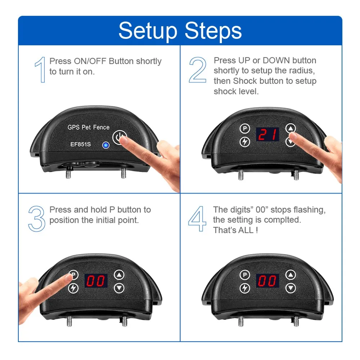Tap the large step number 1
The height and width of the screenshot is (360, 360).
40,69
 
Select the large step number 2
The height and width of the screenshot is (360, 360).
198,70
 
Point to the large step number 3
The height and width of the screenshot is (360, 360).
37,219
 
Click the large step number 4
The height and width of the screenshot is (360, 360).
197,219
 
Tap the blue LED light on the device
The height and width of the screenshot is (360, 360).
105,145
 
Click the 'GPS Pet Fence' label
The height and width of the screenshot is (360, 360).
89,127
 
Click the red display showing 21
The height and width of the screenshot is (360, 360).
267,134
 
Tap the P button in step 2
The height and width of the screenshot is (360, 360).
245,129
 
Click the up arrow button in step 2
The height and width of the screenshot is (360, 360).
291,129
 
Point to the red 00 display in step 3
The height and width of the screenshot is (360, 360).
96,280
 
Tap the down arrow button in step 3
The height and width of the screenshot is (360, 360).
119,288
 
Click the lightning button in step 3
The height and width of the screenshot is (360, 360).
73,288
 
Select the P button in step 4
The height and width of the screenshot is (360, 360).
245,275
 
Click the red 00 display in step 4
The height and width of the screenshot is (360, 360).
267,280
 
